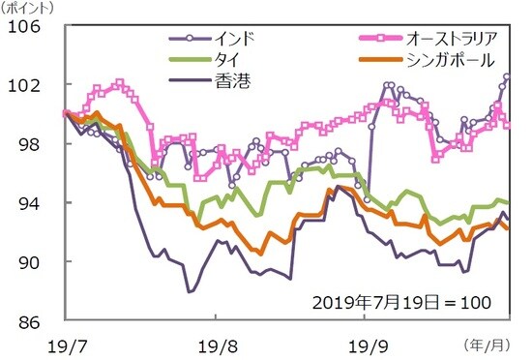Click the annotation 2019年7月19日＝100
click(405, 302)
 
